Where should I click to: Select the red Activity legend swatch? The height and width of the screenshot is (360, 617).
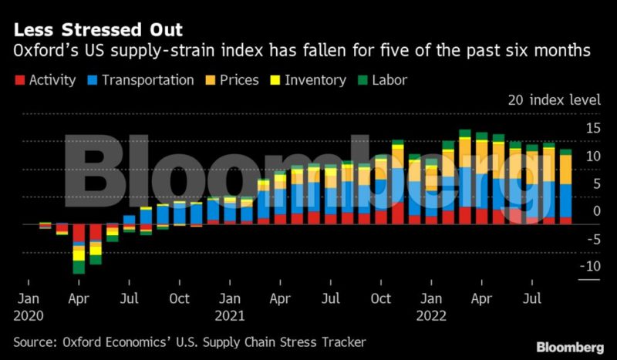pos(19,80)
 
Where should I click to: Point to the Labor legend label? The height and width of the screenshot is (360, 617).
pos(389,80)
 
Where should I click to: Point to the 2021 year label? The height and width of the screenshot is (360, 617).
pos(230,315)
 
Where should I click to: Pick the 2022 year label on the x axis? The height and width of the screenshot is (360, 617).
pos(431,315)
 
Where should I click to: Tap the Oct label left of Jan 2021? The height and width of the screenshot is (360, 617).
pos(180,298)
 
